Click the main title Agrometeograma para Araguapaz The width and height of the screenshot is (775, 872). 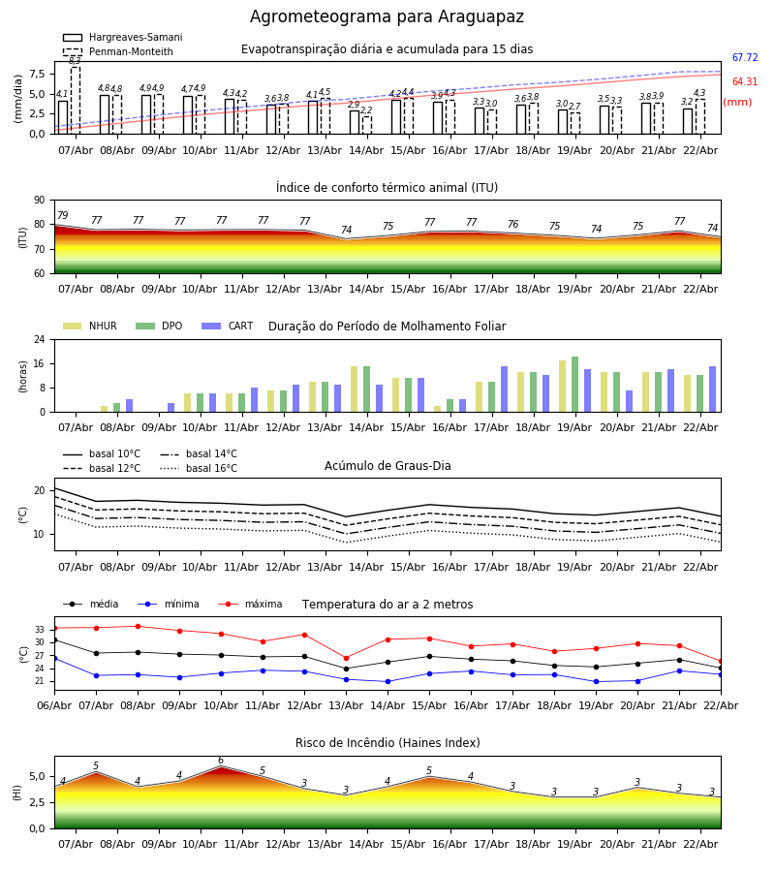pos(387,17)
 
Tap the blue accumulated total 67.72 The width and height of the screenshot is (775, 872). pos(745,58)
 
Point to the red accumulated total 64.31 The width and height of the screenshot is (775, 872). pos(745,82)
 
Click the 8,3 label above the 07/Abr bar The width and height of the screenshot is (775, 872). pos(75,60)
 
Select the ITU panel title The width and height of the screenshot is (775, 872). pos(387,188)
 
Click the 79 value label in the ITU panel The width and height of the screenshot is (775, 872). pos(63,216)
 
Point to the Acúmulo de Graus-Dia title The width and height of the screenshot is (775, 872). pos(387,466)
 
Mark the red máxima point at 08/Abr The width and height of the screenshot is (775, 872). pos(138,626)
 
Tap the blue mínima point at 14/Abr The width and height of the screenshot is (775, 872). pos(387,681)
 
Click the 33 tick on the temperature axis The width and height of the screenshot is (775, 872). pos(41,630)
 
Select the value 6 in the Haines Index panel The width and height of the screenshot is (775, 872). pos(221,761)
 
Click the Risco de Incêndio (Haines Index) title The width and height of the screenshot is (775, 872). pos(387,743)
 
